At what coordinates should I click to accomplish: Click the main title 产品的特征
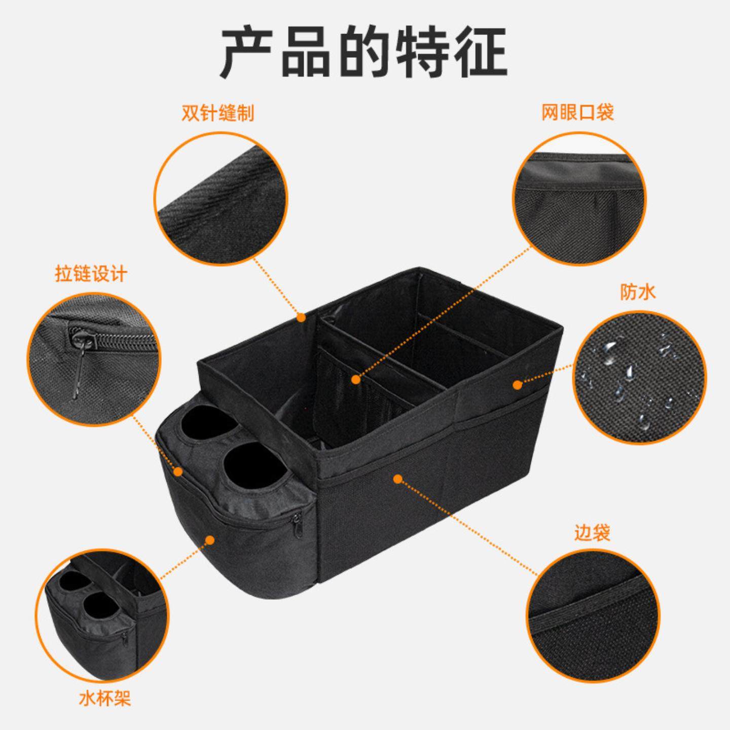point(364,52)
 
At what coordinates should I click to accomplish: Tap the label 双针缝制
point(217,114)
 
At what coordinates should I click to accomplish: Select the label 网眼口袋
point(577,112)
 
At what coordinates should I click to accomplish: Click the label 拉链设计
point(91,274)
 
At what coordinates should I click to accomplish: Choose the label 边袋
point(592,533)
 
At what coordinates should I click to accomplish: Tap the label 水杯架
point(105,699)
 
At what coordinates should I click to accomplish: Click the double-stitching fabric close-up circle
point(220,199)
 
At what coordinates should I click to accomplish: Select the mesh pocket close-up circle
point(579,199)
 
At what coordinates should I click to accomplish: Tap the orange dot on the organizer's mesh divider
point(356,379)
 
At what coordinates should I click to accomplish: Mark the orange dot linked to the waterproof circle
point(518,385)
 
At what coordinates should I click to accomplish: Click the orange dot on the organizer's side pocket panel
point(398,478)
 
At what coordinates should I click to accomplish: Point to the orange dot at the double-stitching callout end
point(301,318)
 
